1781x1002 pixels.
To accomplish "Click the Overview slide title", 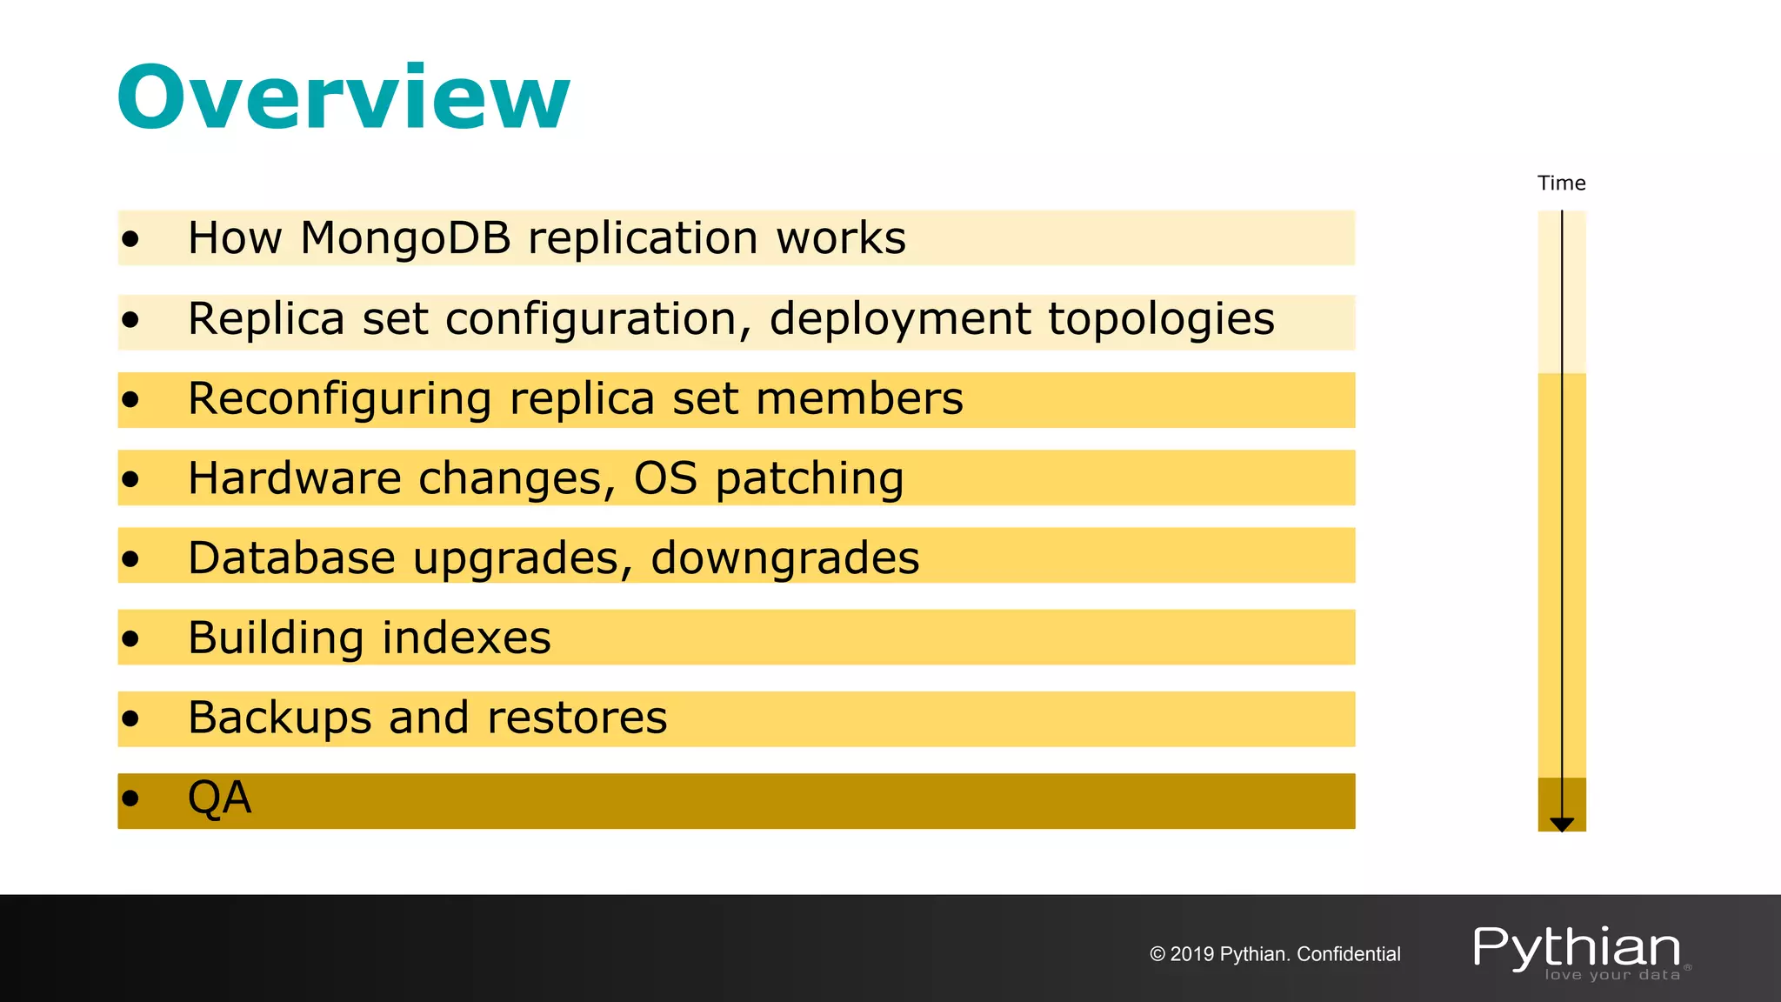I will click(344, 97).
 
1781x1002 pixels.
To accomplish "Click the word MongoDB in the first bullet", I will click(405, 238).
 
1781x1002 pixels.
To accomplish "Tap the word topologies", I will click(1161, 319).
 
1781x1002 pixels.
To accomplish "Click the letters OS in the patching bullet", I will click(665, 478).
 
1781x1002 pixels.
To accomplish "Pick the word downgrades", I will click(784, 558).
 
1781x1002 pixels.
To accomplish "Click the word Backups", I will click(280, 718).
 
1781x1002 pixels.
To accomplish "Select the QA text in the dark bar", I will click(220, 798).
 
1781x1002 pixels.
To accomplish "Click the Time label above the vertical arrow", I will click(1561, 184).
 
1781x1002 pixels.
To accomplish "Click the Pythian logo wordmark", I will click(1577, 947).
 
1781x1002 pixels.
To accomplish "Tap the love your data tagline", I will click(1612, 975).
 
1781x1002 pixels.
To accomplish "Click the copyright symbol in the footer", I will click(1157, 954).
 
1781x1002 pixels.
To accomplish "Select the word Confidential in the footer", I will click(1348, 954).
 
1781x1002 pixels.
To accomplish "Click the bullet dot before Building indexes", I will click(130, 639).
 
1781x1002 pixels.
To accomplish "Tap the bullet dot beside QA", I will click(130, 798).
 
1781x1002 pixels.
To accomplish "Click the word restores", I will click(577, 718).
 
